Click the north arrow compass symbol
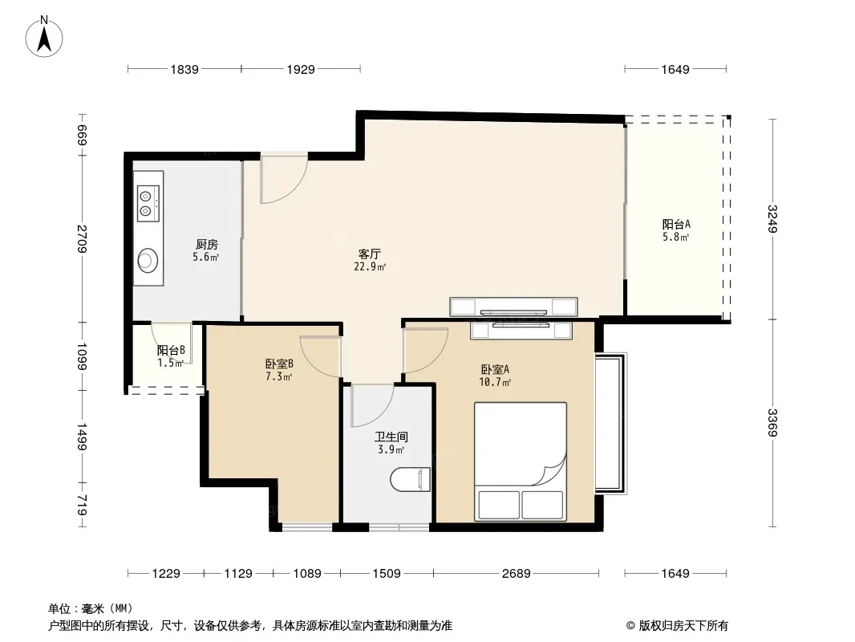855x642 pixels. pyautogui.click(x=44, y=37)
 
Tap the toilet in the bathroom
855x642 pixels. pyautogui.click(x=411, y=479)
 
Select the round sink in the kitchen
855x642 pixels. pyautogui.click(x=148, y=260)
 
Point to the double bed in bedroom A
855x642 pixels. pyautogui.click(x=521, y=461)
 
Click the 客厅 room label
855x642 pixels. pyautogui.click(x=369, y=254)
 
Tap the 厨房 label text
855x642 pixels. pyautogui.click(x=207, y=245)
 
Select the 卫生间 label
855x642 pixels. pyautogui.click(x=391, y=437)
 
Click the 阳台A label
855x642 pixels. pyautogui.click(x=676, y=224)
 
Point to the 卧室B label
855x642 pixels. pyautogui.click(x=279, y=364)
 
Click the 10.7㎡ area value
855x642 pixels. pyautogui.click(x=495, y=382)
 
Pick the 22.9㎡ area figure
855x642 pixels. pyautogui.click(x=370, y=266)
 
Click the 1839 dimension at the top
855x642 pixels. pyautogui.click(x=184, y=69)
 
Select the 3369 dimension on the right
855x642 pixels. pyautogui.click(x=772, y=422)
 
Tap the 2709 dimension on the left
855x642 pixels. pyautogui.click(x=83, y=239)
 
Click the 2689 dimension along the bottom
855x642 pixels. pyautogui.click(x=516, y=573)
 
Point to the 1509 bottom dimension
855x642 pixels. pyautogui.click(x=387, y=573)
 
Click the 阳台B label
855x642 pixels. pyautogui.click(x=171, y=350)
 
